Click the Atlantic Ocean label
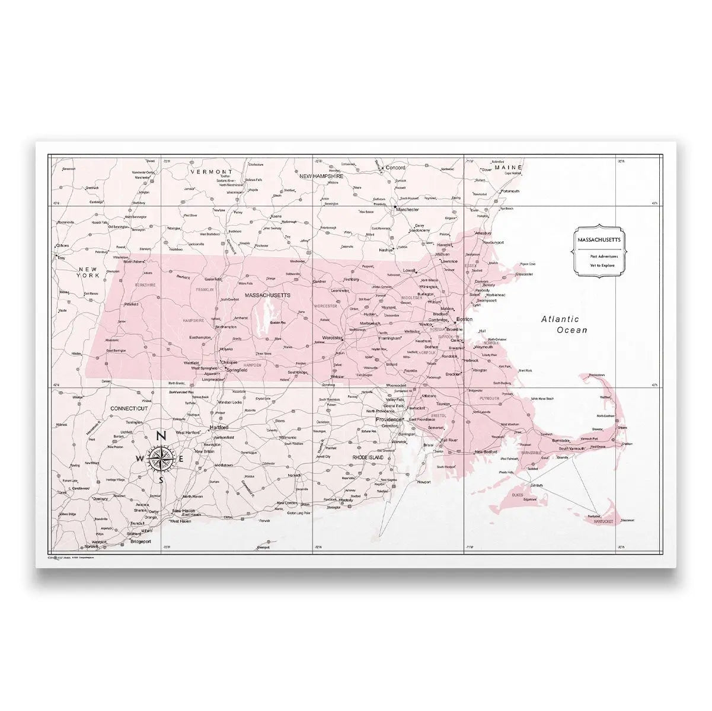[563, 324]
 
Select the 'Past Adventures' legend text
[604, 256]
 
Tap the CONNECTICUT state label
[129, 409]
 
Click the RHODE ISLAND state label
[368, 458]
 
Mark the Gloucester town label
[523, 274]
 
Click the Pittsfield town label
[131, 304]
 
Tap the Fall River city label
[449, 440]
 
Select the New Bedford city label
[487, 452]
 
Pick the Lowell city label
[409, 271]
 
